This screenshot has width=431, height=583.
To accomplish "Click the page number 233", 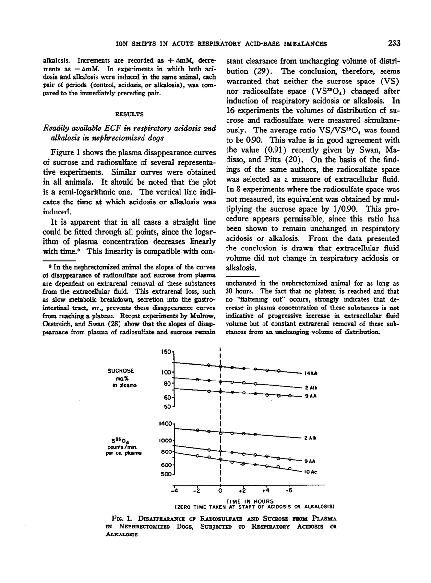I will point(394,43).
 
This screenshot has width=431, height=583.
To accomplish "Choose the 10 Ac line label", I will point(311,472).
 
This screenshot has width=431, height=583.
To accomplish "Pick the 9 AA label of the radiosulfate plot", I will point(310,461).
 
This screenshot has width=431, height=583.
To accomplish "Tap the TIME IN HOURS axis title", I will point(220,501).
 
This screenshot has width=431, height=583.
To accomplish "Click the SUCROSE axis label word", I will point(121,371).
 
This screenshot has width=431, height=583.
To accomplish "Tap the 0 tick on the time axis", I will point(220,491).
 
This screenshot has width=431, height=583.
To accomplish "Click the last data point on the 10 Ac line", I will point(290,469).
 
